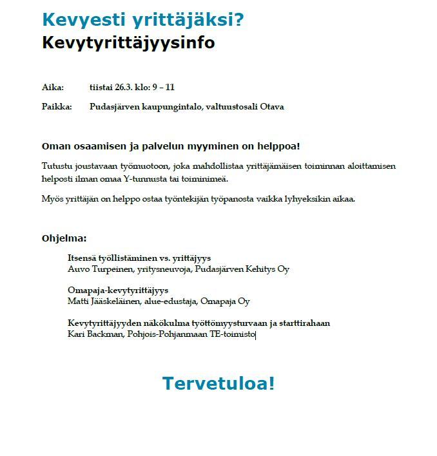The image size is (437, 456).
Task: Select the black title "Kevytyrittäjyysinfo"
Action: click(128, 43)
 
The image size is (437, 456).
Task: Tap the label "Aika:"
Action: click(53, 88)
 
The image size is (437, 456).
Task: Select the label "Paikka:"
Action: click(57, 107)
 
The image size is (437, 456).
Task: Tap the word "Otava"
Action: click(271, 107)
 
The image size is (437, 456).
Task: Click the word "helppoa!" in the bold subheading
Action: click(278, 146)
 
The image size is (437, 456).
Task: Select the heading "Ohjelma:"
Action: click(64, 238)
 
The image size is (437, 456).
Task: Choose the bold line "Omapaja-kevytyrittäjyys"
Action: click(118, 290)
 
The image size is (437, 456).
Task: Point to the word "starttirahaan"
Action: click(302, 323)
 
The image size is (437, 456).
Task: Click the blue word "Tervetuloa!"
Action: click(218, 383)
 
